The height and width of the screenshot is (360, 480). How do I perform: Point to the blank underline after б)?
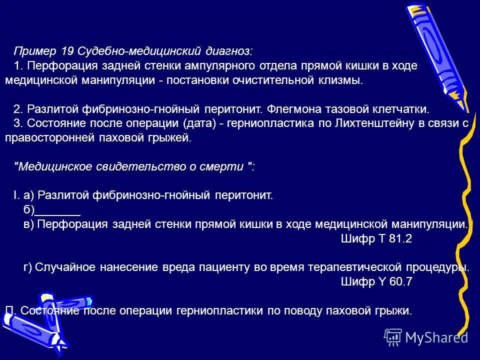pyautogui.click(x=59, y=210)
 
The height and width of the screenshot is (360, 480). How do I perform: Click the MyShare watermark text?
pyautogui.click(x=436, y=337)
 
